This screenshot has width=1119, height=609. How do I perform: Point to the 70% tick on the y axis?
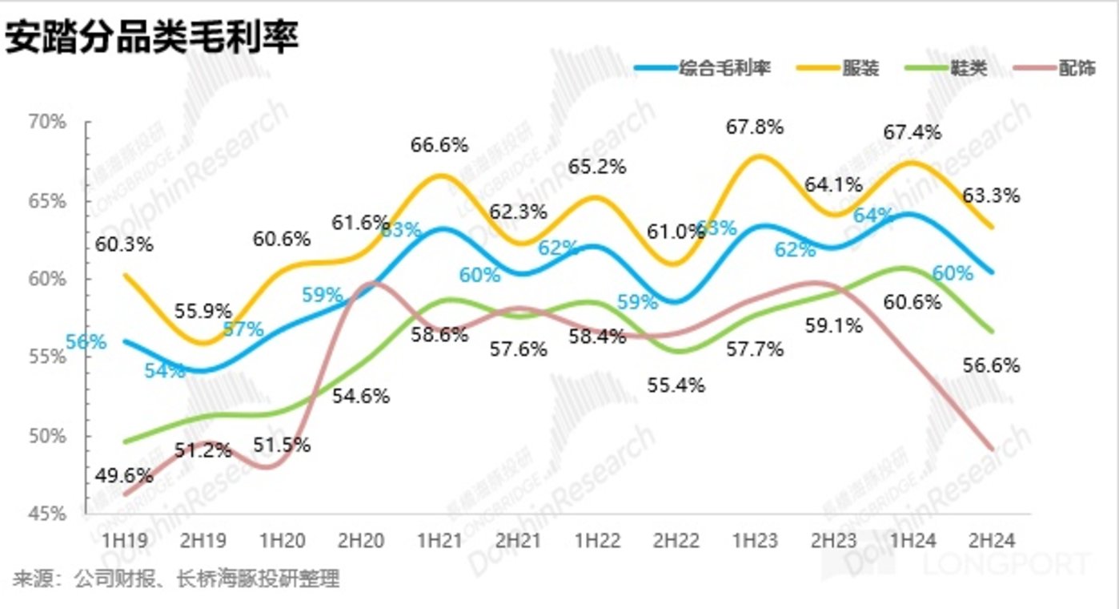pos(49,122)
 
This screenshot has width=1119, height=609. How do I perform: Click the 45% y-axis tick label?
pos(49,514)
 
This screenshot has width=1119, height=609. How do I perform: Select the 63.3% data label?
pos(993,195)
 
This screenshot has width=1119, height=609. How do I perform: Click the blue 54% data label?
pos(165,370)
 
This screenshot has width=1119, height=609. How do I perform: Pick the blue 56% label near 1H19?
pos(86,341)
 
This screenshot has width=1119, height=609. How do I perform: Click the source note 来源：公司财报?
pos(176,578)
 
